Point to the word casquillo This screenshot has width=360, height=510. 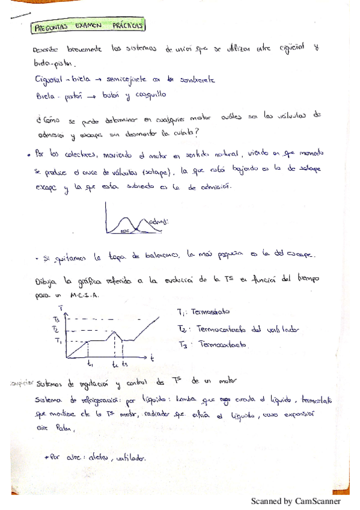coord(150,94)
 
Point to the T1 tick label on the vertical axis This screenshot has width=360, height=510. coord(58,341)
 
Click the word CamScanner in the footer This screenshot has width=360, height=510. coord(317,501)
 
